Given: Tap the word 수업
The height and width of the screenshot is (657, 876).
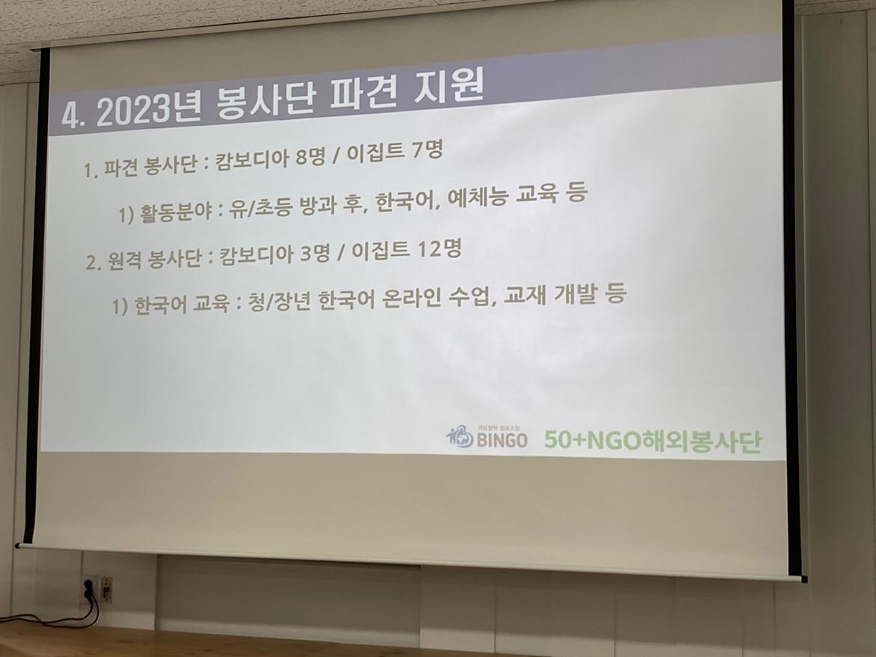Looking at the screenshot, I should coord(475,296).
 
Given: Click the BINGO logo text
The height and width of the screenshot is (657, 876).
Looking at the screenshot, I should coord(502,440).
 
